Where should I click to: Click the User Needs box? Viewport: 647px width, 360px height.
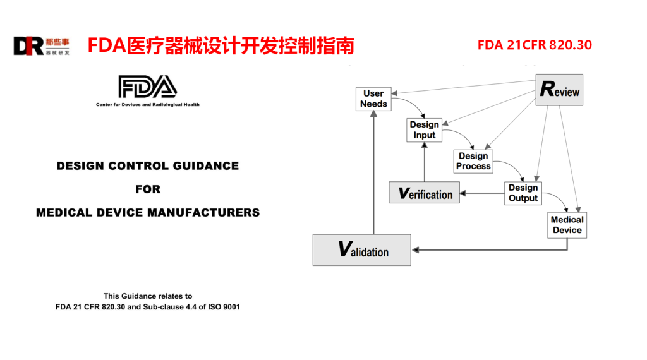[x=373, y=99]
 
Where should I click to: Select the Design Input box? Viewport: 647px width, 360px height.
[x=424, y=129]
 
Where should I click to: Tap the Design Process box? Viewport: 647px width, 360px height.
[x=473, y=161]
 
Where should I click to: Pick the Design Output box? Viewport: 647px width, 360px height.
[x=523, y=193]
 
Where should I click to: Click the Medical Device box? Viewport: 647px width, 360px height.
[x=567, y=225]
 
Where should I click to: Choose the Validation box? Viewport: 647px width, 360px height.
[x=361, y=249]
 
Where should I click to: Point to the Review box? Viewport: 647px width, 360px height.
[x=559, y=90]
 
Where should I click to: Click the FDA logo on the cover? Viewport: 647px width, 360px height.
[x=147, y=87]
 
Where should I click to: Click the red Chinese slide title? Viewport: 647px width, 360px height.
[x=221, y=46]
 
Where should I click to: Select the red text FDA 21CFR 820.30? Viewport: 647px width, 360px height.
[x=535, y=45]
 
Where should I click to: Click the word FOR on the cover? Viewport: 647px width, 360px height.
[x=148, y=189]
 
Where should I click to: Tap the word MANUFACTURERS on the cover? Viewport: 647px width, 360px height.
[x=203, y=212]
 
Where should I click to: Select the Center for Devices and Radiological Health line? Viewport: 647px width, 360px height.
[x=147, y=105]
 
